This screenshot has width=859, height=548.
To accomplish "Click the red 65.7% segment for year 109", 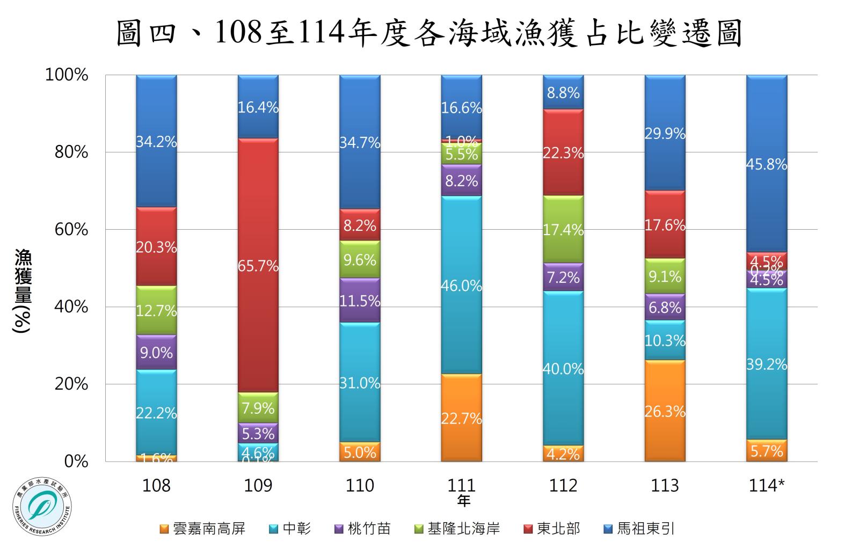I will pos(258,265).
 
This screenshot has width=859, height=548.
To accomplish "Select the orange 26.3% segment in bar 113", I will pos(665,411).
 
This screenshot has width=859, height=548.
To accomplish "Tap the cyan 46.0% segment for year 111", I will pos(461,285).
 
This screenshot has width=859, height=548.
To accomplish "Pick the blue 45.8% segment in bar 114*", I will pos(767,164).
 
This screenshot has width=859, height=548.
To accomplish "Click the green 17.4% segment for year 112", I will pos(563,229).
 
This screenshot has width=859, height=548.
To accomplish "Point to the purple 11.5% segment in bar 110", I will pos(360,301).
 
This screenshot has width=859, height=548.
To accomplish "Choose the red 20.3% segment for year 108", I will pos(156,246).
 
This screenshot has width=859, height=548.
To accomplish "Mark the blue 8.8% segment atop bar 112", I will pos(563,92).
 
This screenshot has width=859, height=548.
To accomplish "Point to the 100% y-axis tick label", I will pos(68,75).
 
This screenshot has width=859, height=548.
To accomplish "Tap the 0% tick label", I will pos(77,462).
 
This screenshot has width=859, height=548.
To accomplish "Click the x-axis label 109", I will pos(258,486).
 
